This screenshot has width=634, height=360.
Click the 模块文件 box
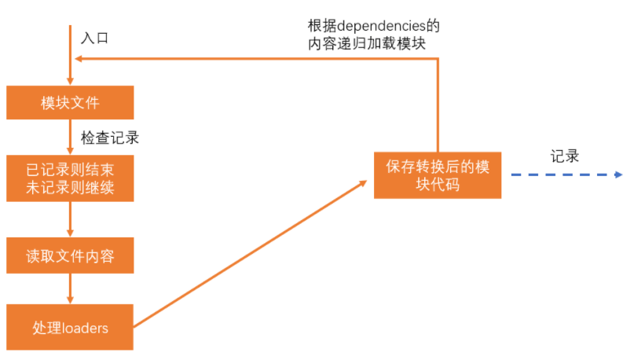(x=70, y=102)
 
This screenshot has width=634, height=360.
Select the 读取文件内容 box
(x=70, y=256)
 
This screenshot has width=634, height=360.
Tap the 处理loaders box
(x=70, y=327)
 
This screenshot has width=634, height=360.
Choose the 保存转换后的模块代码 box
(x=438, y=175)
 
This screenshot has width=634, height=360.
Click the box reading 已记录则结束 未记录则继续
(x=70, y=179)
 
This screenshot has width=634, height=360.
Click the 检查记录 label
(x=110, y=138)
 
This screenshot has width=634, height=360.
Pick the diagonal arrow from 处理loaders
(x=251, y=252)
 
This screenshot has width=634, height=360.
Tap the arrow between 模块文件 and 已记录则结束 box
(x=70, y=138)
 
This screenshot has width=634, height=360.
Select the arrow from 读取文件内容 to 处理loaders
(x=70, y=290)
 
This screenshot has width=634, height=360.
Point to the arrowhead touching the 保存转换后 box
(x=363, y=182)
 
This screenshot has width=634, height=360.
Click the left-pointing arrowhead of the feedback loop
(x=79, y=59)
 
